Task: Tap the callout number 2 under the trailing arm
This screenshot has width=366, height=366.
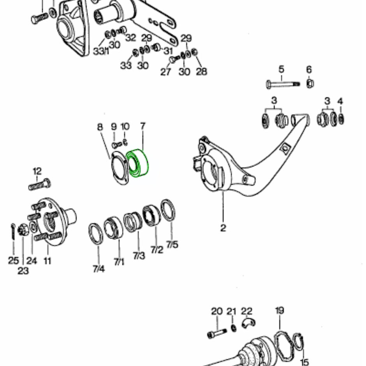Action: (223, 228)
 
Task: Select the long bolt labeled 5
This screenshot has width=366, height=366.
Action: (282, 84)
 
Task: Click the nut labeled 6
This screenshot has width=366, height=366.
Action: (310, 83)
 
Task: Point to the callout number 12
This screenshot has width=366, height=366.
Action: (37, 171)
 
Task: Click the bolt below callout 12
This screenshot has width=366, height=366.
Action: (39, 184)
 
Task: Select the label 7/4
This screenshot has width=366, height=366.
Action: (98, 269)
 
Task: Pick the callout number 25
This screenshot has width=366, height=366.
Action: (13, 260)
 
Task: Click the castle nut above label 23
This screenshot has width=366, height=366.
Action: (23, 230)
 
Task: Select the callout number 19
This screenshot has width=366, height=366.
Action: (280, 311)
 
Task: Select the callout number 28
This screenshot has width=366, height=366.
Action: (201, 72)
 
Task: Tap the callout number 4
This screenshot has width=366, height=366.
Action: (340, 102)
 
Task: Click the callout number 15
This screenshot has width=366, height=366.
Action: (304, 362)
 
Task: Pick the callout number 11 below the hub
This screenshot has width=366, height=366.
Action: (47, 260)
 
